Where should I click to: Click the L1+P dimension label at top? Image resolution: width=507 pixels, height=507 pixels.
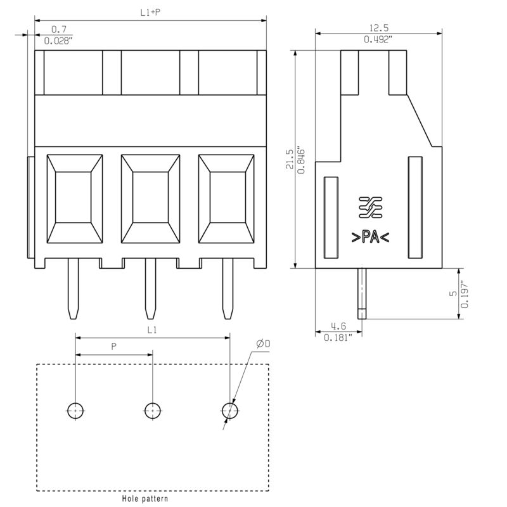150,13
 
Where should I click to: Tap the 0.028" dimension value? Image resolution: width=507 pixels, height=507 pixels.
58,41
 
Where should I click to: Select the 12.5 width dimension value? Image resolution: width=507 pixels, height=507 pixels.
378,28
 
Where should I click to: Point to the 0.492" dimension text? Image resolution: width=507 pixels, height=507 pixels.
378,39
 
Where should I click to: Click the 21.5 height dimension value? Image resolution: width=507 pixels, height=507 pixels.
290,159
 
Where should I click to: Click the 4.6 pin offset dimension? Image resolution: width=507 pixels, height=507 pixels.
338,326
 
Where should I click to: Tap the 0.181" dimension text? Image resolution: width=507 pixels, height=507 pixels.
338,338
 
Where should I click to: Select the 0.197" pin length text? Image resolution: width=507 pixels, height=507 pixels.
465,294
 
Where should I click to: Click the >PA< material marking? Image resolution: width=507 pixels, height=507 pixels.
370,237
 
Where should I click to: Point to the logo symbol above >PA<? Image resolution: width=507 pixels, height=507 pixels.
371,207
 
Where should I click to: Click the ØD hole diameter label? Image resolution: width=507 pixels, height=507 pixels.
263,343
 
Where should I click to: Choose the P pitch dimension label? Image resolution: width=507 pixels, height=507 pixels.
113,347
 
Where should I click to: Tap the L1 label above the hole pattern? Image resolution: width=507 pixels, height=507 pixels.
152,330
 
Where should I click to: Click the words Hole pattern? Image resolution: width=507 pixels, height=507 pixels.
145,499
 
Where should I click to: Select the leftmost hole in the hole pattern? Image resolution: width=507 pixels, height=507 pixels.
75,411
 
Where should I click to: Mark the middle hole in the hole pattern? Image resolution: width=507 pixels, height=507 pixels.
153,411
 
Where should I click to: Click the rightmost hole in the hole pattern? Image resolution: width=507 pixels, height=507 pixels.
230,411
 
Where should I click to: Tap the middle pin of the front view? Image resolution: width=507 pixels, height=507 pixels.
150,288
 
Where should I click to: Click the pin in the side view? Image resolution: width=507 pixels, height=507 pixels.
362,293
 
